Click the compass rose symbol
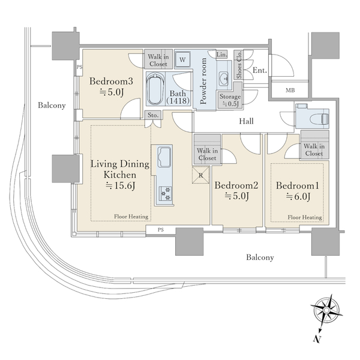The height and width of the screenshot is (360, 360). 326,310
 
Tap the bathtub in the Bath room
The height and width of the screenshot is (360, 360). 155,89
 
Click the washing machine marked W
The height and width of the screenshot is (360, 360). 182,59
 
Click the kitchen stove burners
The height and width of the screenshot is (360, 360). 166,193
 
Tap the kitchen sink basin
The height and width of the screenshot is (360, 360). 164,157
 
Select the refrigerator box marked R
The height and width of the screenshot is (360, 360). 201,175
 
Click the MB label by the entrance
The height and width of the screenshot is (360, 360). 290,91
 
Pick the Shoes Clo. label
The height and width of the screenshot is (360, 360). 239,65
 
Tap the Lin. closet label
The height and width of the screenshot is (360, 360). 222,55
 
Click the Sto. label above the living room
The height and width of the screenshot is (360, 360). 153,115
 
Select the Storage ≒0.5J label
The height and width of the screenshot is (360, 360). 230,100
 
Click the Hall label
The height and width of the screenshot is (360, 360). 247,121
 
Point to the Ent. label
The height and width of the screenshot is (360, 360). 260,70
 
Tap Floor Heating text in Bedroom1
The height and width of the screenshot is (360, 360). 305,217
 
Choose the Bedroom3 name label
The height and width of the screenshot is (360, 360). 111,81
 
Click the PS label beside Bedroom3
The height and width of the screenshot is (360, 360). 79,67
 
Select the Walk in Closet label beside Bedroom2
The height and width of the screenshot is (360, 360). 207,154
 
